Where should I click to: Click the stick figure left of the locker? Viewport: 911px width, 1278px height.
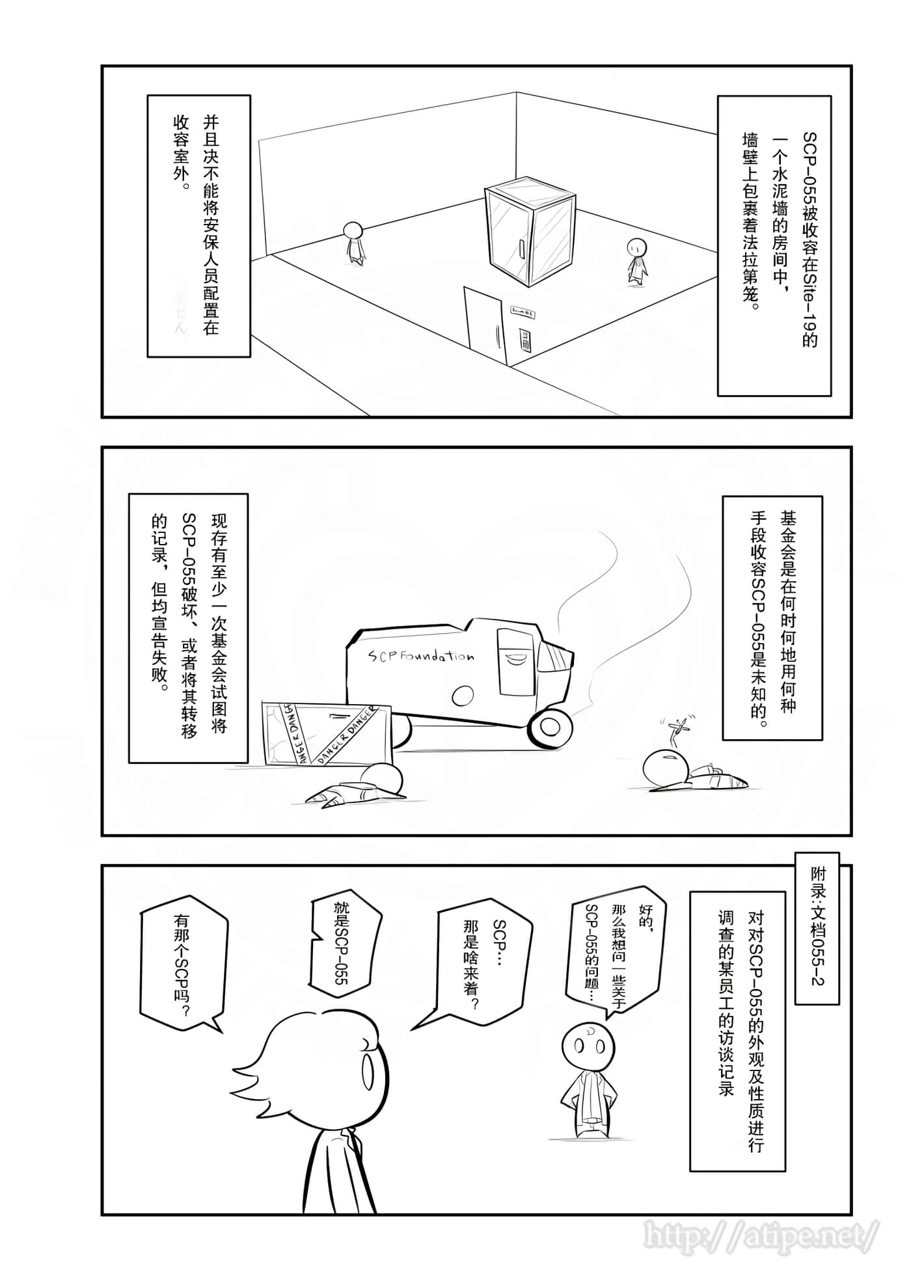(353, 243)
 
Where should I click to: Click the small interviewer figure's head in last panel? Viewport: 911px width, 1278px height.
(588, 1045)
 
